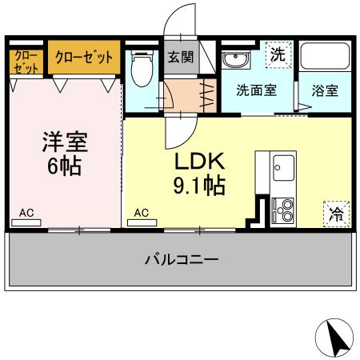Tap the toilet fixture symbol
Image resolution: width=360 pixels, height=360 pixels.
(142, 66)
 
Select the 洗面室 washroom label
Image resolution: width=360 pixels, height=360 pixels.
(256, 90)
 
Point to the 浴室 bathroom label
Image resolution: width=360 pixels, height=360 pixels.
(324, 90)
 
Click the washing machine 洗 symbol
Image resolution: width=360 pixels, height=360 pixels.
(277, 55)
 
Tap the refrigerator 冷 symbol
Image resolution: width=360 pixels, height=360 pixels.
(337, 214)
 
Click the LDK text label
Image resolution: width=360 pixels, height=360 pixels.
(201, 162)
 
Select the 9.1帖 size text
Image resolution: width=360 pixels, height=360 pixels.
(201, 187)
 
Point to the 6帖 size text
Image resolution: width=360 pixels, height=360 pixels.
(64, 169)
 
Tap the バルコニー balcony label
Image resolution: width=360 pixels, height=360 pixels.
(182, 260)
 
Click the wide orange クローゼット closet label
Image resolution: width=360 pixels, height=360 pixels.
(83, 58)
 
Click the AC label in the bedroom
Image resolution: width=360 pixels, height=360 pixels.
(26, 214)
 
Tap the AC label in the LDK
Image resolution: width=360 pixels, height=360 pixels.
(141, 214)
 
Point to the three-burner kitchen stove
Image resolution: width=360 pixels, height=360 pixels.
(283, 209)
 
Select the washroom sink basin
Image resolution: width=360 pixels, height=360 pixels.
(234, 60)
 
